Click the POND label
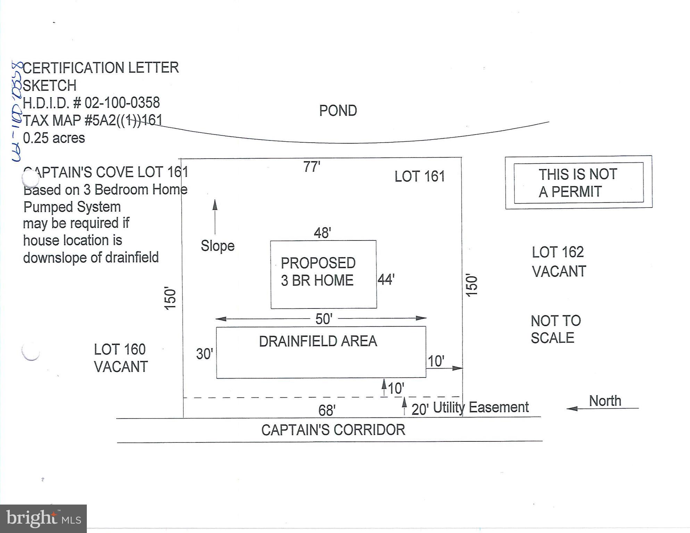tap(338, 111)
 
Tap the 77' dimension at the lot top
tap(311, 167)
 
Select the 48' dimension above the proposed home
tap(322, 233)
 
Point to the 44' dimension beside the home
tap(386, 279)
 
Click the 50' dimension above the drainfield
tap(324, 319)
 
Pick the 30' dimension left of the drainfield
tap(204, 354)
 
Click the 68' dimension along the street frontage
tap(327, 411)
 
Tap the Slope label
tap(218, 246)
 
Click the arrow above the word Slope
tap(215, 217)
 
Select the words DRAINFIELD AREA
tap(318, 341)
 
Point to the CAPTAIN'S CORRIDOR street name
tap(333, 430)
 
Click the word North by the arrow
tap(605, 401)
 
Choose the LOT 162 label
tap(558, 252)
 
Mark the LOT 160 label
tap(120, 349)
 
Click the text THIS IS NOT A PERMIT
tap(578, 183)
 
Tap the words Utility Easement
tap(481, 407)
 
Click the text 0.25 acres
tap(54, 138)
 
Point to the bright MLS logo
tap(43, 518)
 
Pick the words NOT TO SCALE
tap(556, 329)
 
